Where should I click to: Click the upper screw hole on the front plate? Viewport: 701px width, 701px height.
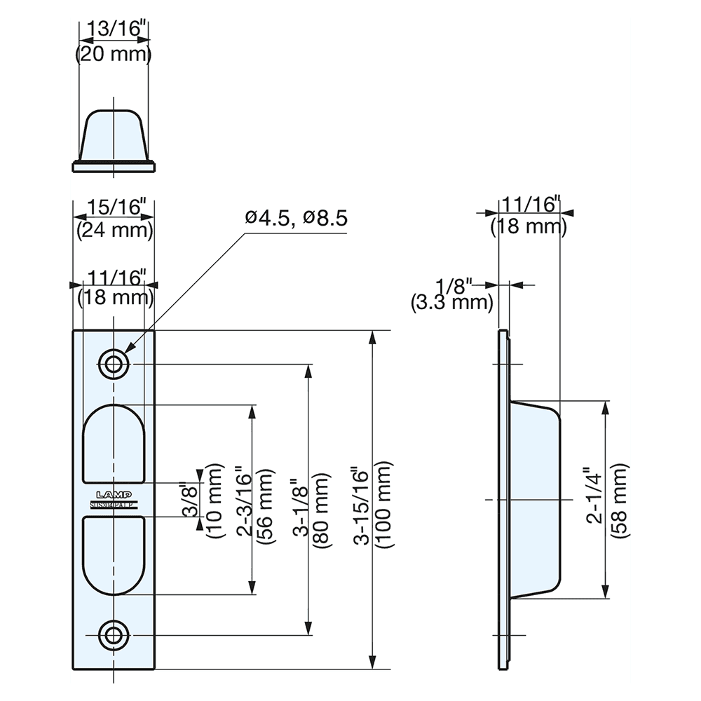pyautogui.click(x=113, y=364)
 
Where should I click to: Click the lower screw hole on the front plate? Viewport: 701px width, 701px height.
pyautogui.click(x=113, y=635)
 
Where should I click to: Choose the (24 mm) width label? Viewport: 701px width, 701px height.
pyautogui.click(x=115, y=229)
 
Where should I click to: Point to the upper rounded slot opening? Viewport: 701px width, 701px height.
pyautogui.click(x=114, y=443)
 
